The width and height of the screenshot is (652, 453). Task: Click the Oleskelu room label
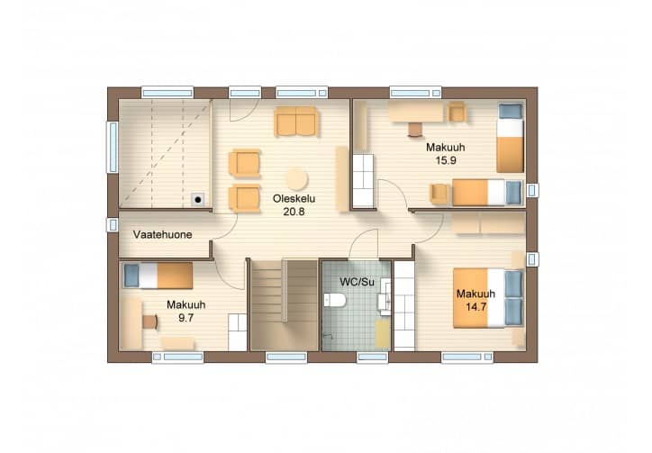(294, 198)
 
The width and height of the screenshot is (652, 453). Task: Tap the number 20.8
(294, 212)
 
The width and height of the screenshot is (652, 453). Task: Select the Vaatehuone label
(163, 235)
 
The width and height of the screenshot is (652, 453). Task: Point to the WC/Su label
(357, 282)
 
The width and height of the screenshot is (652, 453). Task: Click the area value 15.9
(446, 160)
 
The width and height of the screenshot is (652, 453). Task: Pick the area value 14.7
(476, 307)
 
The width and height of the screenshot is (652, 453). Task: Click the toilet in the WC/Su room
(335, 300)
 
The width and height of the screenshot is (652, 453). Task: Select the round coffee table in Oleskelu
(296, 179)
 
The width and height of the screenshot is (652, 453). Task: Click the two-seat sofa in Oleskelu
(295, 121)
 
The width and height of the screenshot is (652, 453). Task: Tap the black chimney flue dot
(198, 200)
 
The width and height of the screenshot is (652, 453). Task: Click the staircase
(285, 305)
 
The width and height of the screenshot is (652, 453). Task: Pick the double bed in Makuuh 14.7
(488, 298)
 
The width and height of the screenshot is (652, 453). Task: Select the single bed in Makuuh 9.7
(158, 276)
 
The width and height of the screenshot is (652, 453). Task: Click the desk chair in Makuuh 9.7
(150, 322)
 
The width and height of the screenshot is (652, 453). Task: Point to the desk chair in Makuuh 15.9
(415, 130)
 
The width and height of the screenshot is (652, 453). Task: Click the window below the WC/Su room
(372, 358)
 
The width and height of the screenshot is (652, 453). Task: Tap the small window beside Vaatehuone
(113, 224)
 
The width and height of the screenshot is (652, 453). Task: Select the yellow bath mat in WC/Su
(383, 333)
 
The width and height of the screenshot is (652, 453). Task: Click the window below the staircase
(286, 358)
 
